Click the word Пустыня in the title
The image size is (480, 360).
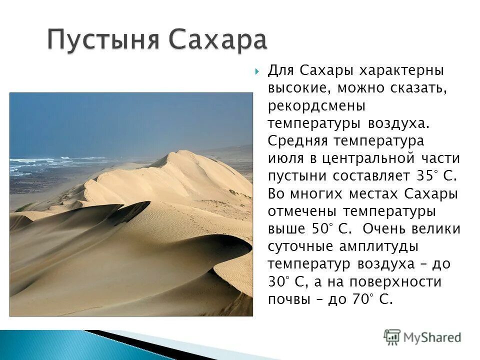104,40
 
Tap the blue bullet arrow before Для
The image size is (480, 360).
256,71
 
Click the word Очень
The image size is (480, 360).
387,228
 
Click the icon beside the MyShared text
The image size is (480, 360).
392,336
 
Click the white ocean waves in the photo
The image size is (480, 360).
40,161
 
